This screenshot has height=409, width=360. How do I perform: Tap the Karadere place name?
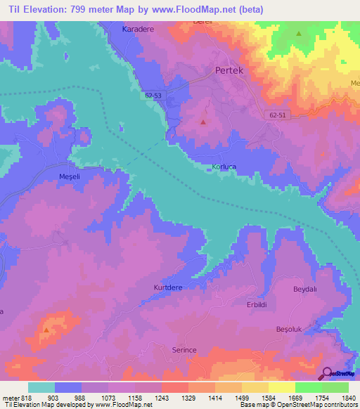pos(137,30)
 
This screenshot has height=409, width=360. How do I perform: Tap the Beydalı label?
pos(307,289)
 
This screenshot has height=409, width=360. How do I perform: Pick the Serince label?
pos(188,349)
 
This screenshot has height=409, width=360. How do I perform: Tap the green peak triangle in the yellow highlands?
pos(299,33)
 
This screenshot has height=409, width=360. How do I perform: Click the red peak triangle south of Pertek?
pos(203,122)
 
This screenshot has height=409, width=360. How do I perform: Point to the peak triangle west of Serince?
pos(46,329)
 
